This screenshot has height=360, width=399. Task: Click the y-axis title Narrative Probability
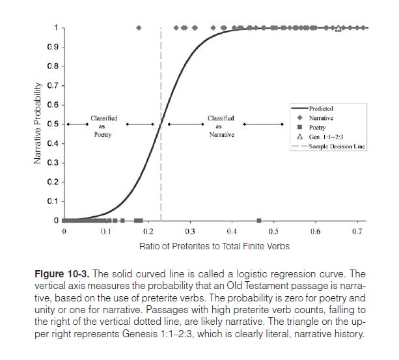point(40,124)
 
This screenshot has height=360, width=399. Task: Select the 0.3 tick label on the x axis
point(189,231)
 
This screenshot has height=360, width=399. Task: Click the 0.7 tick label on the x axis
point(357,231)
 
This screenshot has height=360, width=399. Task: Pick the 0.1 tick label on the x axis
point(105,231)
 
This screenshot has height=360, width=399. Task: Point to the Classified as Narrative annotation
point(221,127)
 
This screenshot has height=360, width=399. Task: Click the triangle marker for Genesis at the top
point(338,28)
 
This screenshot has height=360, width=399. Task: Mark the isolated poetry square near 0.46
point(259,221)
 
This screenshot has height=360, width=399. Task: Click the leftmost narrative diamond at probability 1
point(139,28)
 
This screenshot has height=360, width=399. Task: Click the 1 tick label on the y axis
point(56,28)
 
